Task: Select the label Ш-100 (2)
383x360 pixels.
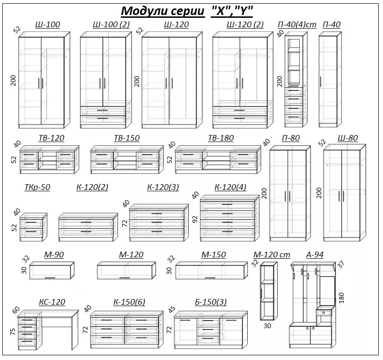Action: click(111, 24)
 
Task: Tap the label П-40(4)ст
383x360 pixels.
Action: click(297, 24)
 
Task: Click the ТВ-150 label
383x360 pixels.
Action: click(126, 138)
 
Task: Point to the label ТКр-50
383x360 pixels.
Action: click(37, 187)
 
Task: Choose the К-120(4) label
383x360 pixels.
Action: click(230, 187)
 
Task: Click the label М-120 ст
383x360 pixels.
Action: click(272, 255)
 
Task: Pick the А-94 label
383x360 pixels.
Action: click(315, 255)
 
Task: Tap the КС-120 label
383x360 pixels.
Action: click(52, 302)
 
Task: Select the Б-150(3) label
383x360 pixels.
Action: click(210, 302)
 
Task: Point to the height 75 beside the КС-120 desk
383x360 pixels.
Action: click(13, 331)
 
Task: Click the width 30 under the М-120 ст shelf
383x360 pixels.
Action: click(267, 325)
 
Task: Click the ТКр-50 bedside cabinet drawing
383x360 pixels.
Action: click(34, 227)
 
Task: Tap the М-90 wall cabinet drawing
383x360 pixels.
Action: click(52, 271)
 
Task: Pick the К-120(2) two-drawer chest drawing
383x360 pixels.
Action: click(87, 227)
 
